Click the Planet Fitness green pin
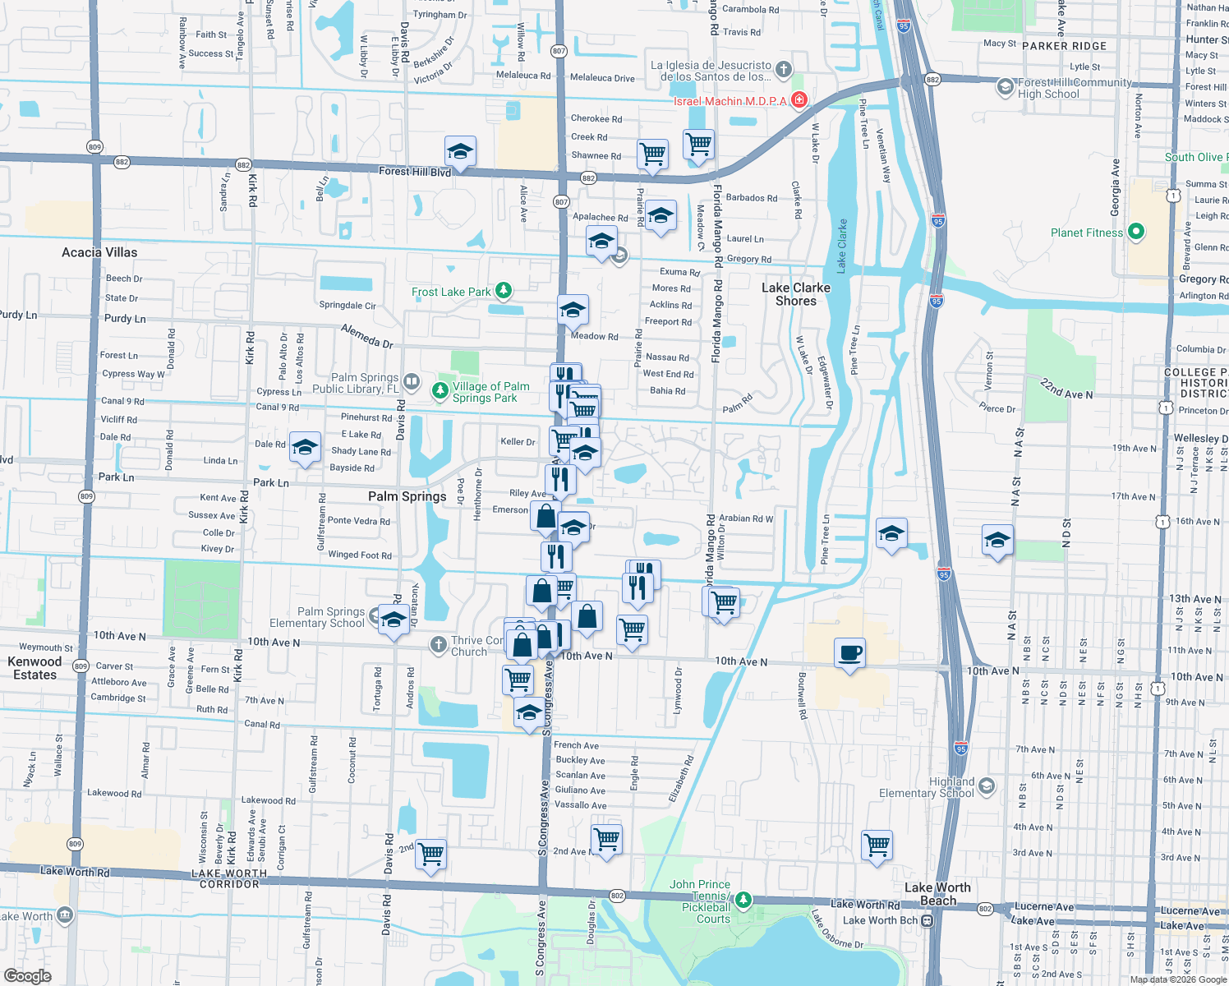(x=1135, y=232)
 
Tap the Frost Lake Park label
(x=451, y=292)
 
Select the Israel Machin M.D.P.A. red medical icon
(x=799, y=100)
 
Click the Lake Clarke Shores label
(x=795, y=294)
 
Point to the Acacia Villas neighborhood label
(x=99, y=252)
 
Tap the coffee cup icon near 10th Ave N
(x=849, y=653)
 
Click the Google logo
(x=27, y=975)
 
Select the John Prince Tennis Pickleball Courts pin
(x=743, y=901)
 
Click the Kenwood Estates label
(x=35, y=668)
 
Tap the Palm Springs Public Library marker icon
(x=412, y=382)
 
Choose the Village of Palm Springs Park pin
(x=440, y=391)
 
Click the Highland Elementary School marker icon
(x=986, y=786)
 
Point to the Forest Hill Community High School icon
(x=1005, y=87)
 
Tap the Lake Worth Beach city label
(x=937, y=894)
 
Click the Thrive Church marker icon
(x=438, y=646)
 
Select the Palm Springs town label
(x=407, y=496)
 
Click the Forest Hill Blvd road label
(x=415, y=172)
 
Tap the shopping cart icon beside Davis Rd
(x=430, y=854)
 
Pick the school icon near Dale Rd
(x=305, y=448)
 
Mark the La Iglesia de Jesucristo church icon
(x=784, y=69)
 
